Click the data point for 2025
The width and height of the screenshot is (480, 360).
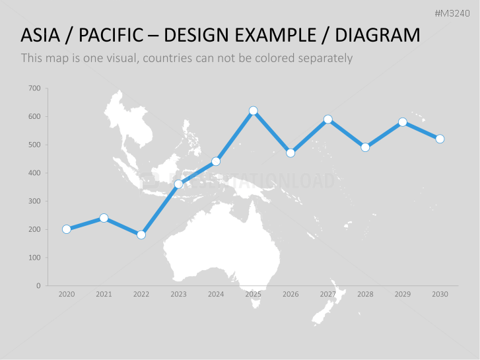coord(254,111)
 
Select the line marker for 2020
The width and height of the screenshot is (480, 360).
coord(67,229)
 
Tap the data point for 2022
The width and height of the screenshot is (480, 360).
coord(141,234)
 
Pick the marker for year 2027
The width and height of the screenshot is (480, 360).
coord(328,120)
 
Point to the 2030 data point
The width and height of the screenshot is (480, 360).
coord(440,139)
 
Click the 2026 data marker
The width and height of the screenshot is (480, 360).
coord(291,153)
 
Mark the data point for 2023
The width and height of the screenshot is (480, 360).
coord(178,184)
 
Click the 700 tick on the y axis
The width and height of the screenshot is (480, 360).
coord(35,89)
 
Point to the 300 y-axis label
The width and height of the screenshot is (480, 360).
coord(35,201)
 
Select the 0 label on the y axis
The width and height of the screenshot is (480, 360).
coord(38,286)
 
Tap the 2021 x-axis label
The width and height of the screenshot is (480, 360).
coord(104,295)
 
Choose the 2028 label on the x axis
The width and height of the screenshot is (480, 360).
coord(365,295)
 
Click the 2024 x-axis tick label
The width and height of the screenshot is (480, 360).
coord(216,295)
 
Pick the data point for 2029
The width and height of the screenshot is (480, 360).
coord(403,122)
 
